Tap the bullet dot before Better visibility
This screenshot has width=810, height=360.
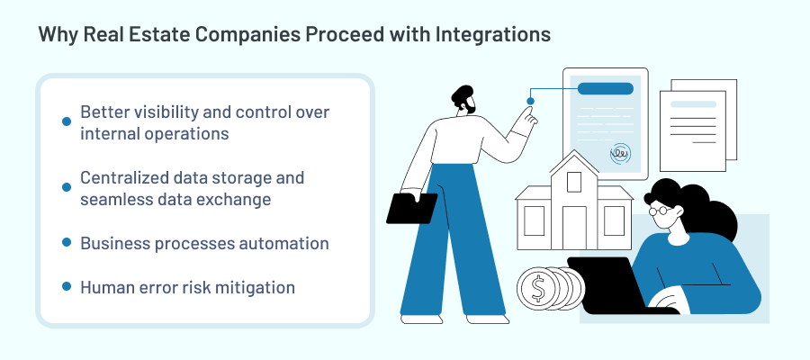click(x=66, y=121)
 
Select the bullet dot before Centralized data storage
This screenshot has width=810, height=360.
click(x=66, y=186)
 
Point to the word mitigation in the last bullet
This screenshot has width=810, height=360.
click(x=253, y=287)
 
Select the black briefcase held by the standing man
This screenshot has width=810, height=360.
click(x=411, y=208)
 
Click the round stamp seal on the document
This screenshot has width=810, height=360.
click(x=620, y=154)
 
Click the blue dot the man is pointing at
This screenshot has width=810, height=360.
click(x=531, y=101)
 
